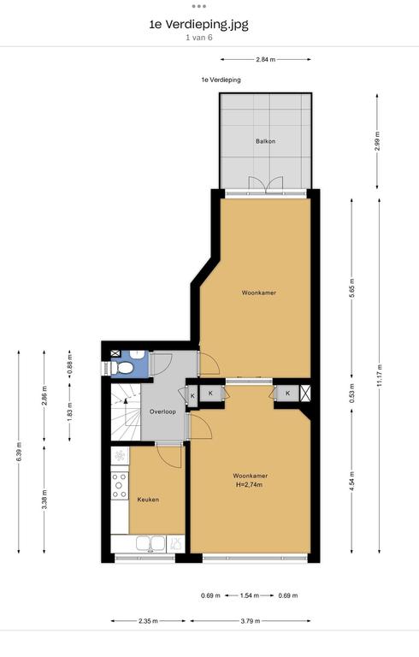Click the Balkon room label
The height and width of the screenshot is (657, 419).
point(266,141)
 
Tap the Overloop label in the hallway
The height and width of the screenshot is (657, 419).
point(162,411)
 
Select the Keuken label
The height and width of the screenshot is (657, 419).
point(148,500)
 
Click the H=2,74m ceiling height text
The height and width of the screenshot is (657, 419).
point(250,485)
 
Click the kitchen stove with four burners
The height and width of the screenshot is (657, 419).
point(119,485)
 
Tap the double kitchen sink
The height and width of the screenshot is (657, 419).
point(150,544)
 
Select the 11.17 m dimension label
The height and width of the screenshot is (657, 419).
point(380,376)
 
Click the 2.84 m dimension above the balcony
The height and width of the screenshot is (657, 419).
point(266,60)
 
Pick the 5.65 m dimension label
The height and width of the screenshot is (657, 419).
point(351,287)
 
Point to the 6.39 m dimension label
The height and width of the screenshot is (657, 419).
point(19,452)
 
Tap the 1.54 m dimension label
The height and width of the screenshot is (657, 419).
point(250,595)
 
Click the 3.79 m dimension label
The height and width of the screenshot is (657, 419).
point(251,621)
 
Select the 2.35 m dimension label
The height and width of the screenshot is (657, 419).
point(148,621)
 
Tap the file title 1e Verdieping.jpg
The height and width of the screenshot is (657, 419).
point(198,24)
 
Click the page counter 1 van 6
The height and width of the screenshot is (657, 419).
point(199,38)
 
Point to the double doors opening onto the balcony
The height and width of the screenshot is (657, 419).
point(266,185)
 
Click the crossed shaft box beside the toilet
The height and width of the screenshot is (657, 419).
point(115,353)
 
